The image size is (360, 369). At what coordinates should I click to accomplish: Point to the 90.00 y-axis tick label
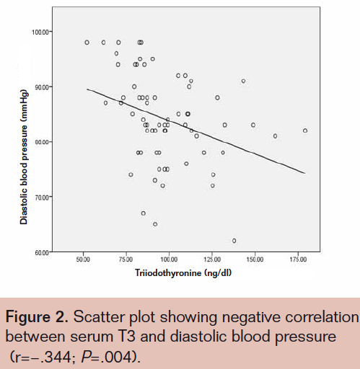pyautogui.click(x=41, y=87)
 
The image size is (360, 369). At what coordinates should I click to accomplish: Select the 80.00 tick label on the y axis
pyautogui.click(x=41, y=142)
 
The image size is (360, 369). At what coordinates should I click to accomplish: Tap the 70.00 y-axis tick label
pyautogui.click(x=41, y=197)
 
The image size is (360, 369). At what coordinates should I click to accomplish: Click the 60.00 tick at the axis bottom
pyautogui.click(x=41, y=252)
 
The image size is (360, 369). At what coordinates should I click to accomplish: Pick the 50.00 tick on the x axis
pyautogui.click(x=83, y=259)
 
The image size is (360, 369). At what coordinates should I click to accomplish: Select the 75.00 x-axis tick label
pyautogui.click(x=126, y=259)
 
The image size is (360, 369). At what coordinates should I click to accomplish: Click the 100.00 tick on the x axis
pyautogui.click(x=169, y=259)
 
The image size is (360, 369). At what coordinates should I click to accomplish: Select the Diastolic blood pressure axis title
pyautogui.click(x=24, y=141)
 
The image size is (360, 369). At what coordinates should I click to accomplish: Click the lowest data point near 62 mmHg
pyautogui.click(x=234, y=241)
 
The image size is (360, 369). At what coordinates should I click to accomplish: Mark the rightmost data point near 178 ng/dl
pyautogui.click(x=305, y=130)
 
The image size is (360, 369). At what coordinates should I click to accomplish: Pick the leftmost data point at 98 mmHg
pyautogui.click(x=87, y=43)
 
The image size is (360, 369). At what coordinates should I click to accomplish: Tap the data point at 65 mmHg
pyautogui.click(x=155, y=224)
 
